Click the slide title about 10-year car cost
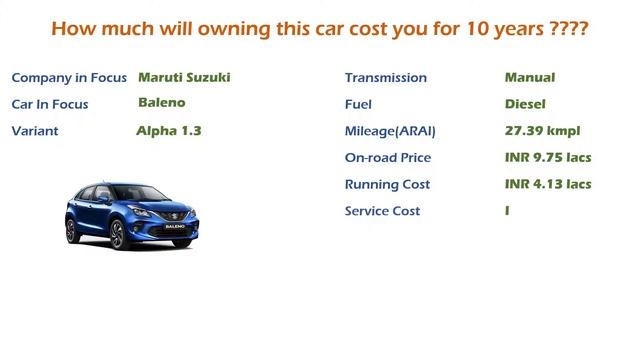[319, 28]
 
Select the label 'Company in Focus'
[69, 78]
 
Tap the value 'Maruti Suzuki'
[185, 77]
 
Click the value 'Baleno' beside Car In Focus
[162, 103]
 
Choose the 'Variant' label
[35, 131]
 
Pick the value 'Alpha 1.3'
[169, 130]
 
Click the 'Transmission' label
[385, 78]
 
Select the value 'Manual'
[530, 77]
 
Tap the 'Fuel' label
[358, 104]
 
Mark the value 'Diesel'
[525, 104]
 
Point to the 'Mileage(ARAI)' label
[390, 131]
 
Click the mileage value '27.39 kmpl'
[542, 130]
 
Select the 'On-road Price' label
[387, 158]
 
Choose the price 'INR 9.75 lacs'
[548, 157]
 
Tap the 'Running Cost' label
[387, 184]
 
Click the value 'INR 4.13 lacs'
[548, 184]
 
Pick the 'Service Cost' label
[382, 211]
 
